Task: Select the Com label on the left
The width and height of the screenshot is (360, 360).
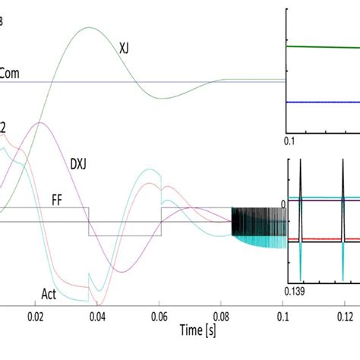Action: click(x=9, y=74)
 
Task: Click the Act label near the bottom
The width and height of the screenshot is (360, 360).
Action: click(x=50, y=292)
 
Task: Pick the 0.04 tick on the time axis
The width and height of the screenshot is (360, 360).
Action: click(x=97, y=314)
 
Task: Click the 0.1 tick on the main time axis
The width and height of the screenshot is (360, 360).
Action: click(x=282, y=314)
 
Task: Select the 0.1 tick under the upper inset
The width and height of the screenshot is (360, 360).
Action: click(x=289, y=141)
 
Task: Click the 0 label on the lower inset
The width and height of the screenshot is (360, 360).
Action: click(x=282, y=203)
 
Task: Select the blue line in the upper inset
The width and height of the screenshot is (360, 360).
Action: click(x=323, y=101)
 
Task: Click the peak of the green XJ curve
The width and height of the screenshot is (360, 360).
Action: click(x=89, y=28)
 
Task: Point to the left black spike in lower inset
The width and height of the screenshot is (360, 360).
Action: click(x=302, y=186)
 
